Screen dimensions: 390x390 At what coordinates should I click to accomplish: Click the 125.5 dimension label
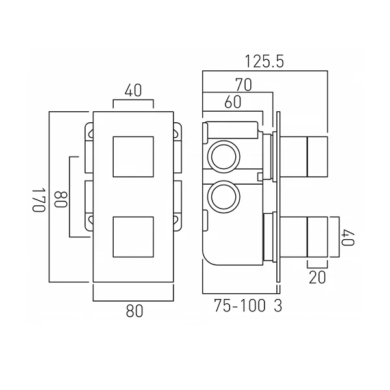264,62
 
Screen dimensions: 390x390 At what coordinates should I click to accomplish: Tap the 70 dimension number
244,84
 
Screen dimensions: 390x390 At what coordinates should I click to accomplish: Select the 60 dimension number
233,102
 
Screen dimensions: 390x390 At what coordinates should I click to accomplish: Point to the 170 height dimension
39,200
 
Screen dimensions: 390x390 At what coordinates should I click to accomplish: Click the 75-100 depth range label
239,305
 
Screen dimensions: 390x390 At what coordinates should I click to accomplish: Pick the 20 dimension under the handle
317,277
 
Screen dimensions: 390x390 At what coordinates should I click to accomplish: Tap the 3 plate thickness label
278,305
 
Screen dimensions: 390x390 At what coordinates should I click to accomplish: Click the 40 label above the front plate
133,90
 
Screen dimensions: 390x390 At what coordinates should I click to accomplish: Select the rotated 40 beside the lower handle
348,237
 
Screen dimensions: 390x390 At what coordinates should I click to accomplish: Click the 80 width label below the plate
135,311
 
